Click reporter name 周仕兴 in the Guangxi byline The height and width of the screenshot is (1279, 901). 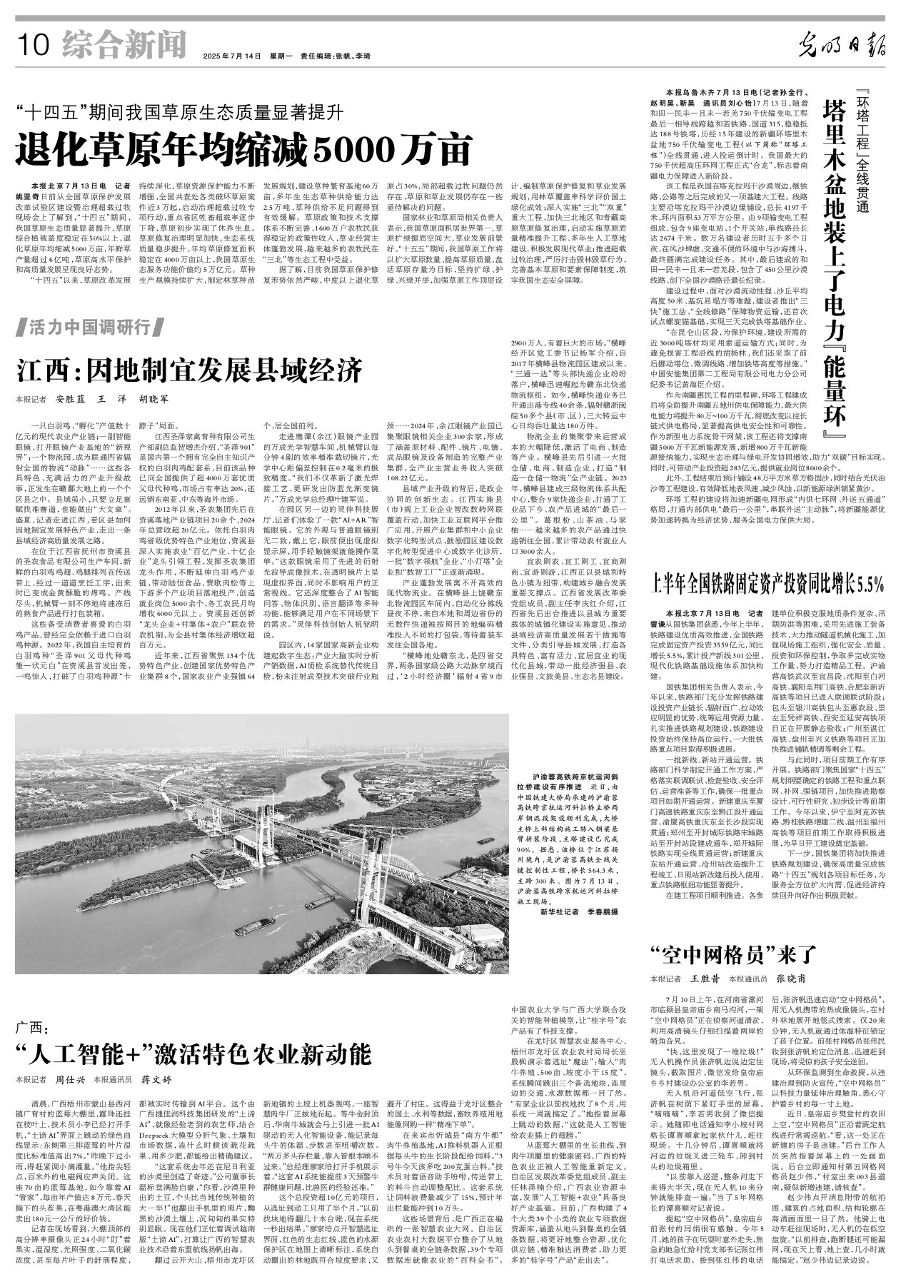(71, 1080)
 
